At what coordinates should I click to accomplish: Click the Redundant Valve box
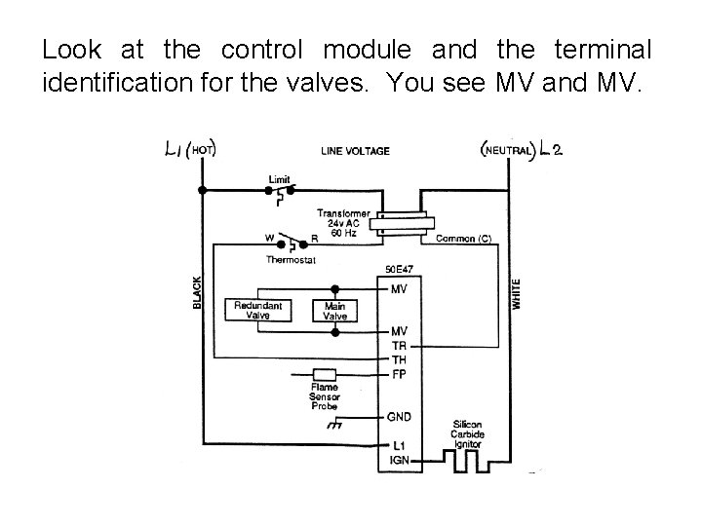[258, 311]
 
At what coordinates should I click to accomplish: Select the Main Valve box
[334, 311]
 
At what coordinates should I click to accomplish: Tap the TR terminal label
[400, 346]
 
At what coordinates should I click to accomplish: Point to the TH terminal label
[400, 359]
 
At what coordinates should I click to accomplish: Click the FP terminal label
[400, 373]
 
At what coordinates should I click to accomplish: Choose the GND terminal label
[401, 417]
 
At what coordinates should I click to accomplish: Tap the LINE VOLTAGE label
[355, 151]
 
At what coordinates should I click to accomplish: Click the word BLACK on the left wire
[197, 291]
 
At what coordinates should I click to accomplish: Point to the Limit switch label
[279, 179]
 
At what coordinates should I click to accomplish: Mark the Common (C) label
[462, 238]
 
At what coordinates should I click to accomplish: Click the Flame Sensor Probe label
[324, 397]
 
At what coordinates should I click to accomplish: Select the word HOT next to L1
[203, 150]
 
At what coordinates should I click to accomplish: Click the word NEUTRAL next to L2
[507, 150]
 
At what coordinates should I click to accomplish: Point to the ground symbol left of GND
[337, 424]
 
